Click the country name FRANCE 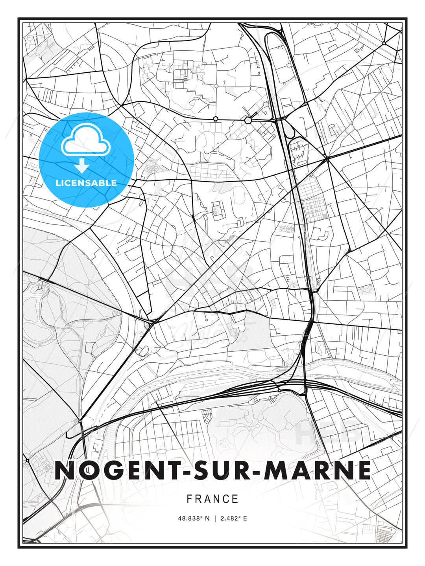click(x=213, y=499)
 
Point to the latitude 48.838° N click(x=195, y=518)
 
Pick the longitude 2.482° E click(x=234, y=518)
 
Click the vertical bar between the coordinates click(x=215, y=518)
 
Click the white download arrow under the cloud click(x=82, y=166)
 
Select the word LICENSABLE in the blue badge click(x=86, y=183)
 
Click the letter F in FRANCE click(x=189, y=499)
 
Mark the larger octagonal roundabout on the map click(x=248, y=119)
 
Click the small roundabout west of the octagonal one click(x=216, y=118)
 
